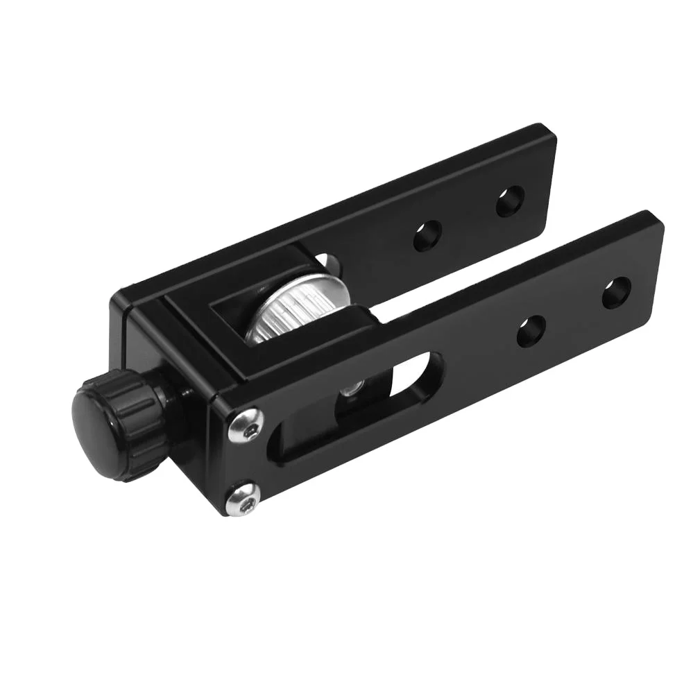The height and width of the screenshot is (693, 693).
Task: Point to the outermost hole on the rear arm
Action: (x=510, y=202)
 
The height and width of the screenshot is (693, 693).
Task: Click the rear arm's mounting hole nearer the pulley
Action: (x=428, y=236)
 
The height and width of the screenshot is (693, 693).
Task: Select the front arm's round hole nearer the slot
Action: (x=531, y=331)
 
